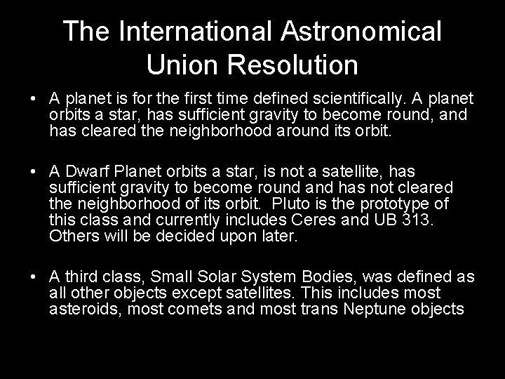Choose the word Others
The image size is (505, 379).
(x=72, y=236)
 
